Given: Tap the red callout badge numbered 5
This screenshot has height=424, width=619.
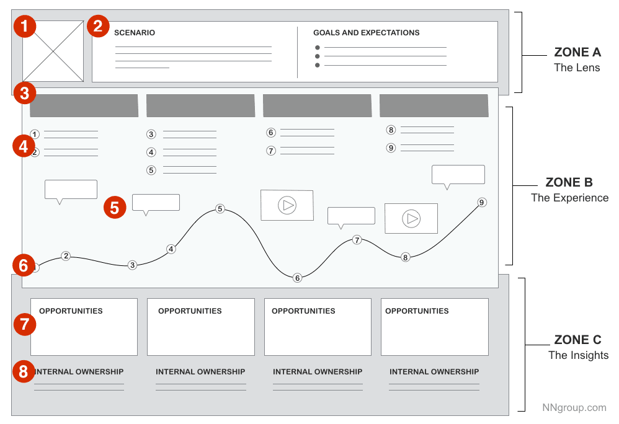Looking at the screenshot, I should coord(115,206).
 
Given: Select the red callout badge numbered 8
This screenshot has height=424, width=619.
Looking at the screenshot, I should coord(24,372).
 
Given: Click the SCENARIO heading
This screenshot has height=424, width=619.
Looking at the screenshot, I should coord(135,33).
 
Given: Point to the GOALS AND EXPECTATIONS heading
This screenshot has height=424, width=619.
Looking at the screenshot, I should coord(366,33).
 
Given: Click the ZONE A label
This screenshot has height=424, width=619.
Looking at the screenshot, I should coord(577,53).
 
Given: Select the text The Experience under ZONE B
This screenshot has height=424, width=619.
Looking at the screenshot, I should coord(569,198).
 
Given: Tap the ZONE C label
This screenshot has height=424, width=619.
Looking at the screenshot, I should coord(577,340).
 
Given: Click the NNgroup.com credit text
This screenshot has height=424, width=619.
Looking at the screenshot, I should coord(574,407).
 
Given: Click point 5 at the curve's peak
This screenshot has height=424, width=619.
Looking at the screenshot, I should coord(220,209).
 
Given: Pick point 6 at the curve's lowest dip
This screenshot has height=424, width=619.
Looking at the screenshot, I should coord(297,278).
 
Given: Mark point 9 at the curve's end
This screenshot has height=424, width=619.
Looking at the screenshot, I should coord(482,202).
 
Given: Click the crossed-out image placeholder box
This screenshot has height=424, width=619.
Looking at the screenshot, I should coord(53,51).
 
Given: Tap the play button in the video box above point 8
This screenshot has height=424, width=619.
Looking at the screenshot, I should coord(411,218).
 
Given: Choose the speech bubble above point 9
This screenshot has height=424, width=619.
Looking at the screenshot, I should coord(458,175).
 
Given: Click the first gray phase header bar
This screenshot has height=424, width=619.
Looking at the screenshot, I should coord(84,105).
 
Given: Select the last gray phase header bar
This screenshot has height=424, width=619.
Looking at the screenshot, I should coord(434,105).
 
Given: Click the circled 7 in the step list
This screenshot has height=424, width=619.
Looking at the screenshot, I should coord(270,151).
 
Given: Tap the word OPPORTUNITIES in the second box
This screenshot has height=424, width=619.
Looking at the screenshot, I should coord(190,311).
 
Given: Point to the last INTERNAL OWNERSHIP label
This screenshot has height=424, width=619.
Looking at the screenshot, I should coord(434,372).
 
